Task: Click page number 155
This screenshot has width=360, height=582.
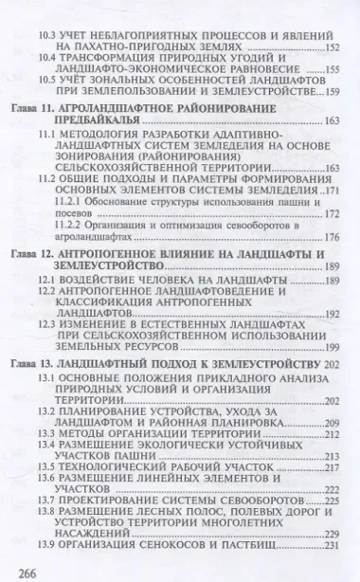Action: (332, 70)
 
